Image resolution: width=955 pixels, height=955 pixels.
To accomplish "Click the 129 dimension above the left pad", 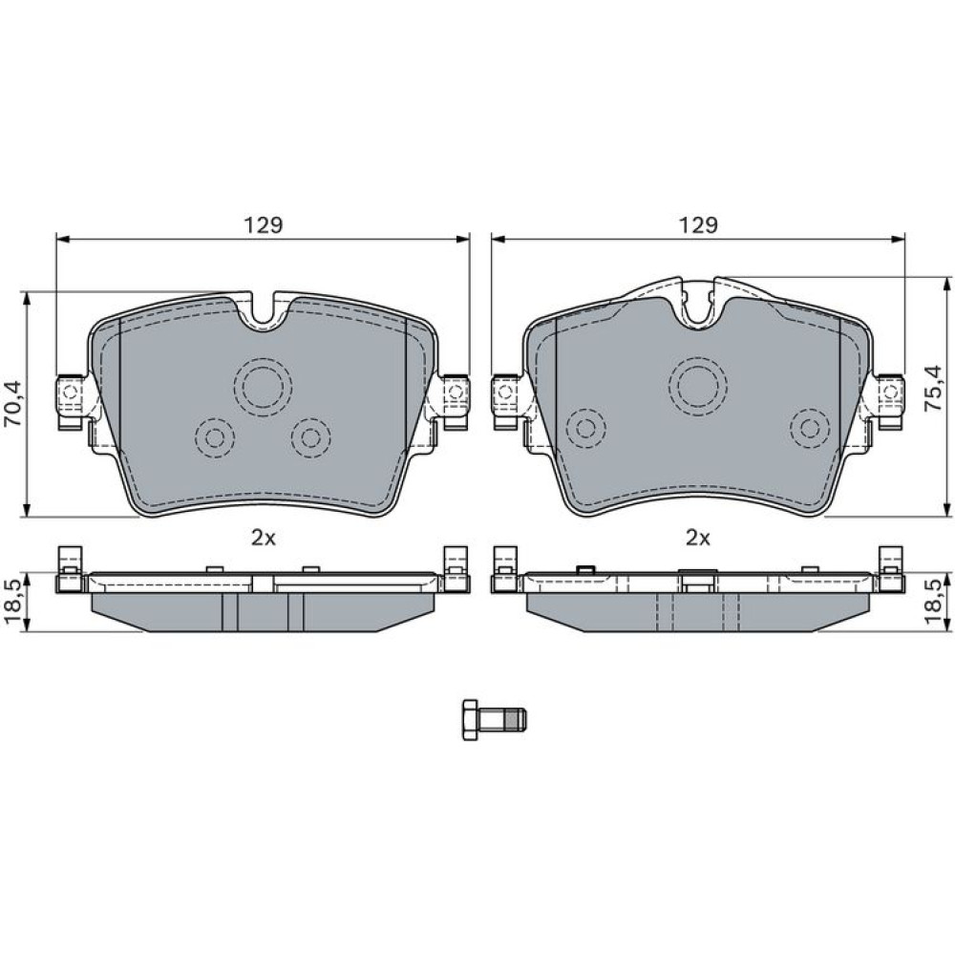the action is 264,224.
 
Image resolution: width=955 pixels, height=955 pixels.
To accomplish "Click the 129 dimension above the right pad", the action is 699,224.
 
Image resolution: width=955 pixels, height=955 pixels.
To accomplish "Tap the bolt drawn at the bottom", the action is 495,719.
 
